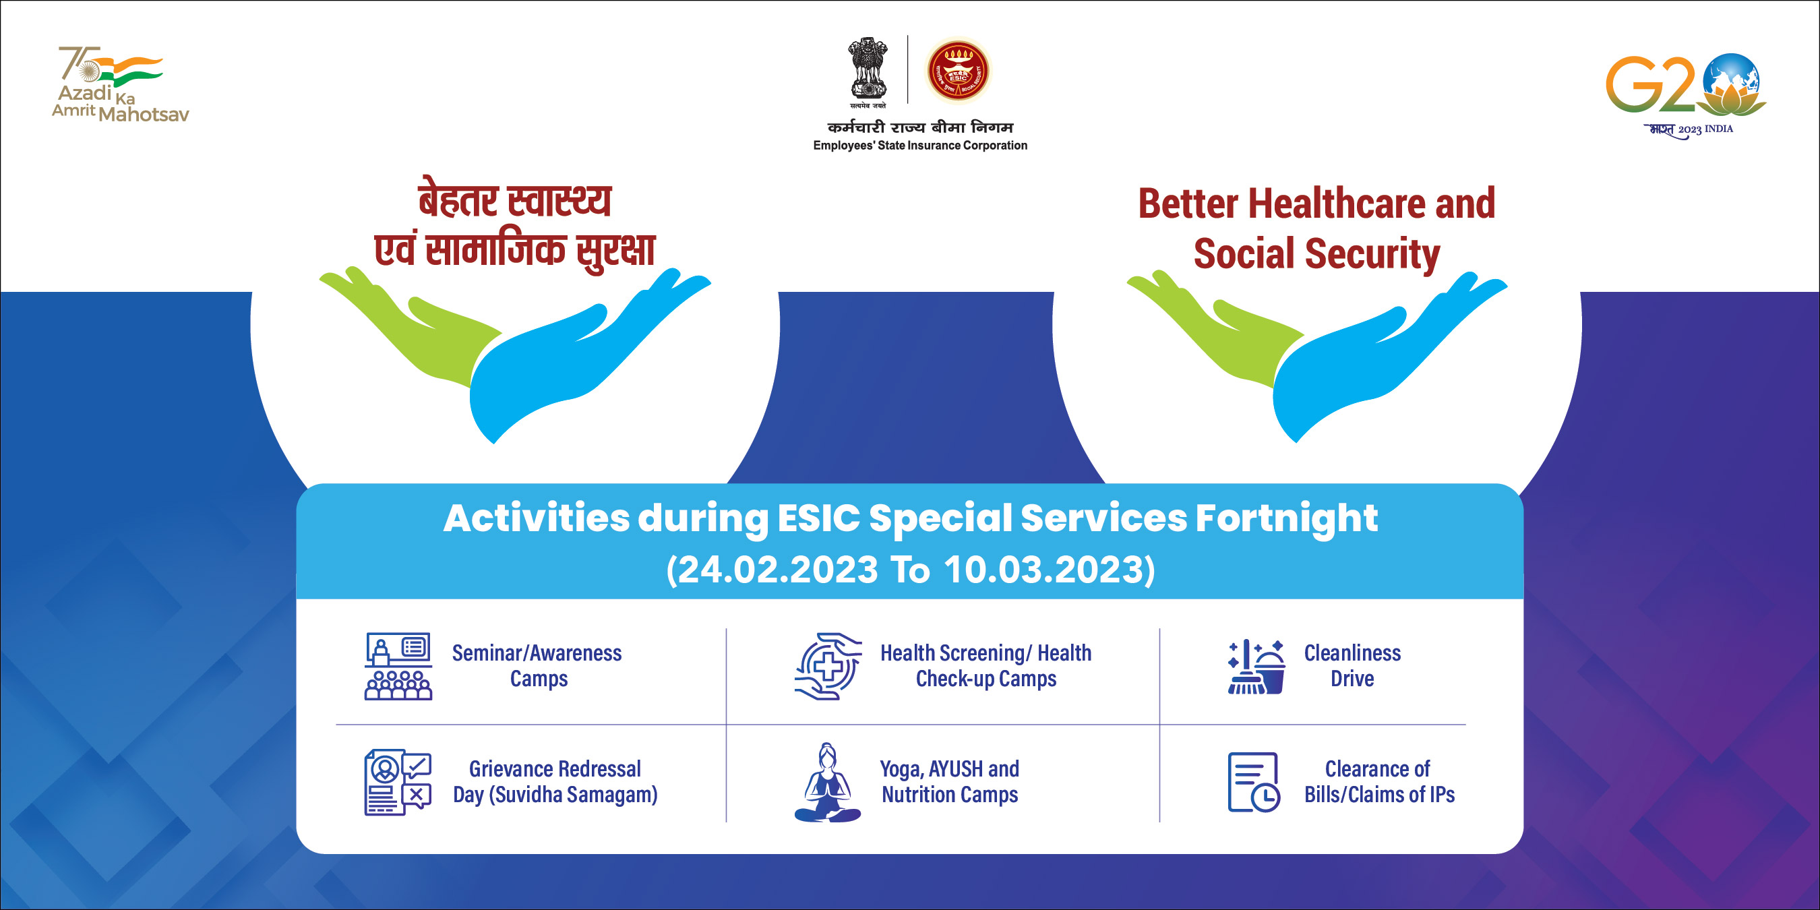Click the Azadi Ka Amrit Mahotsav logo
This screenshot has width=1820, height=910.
[x=120, y=85]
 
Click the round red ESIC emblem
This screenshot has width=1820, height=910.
[x=958, y=71]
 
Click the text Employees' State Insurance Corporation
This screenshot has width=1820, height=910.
[x=920, y=146]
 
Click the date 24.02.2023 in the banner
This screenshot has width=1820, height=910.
[x=777, y=570]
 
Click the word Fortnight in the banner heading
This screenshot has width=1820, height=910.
[x=1286, y=518]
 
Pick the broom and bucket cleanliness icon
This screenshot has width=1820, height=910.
[x=1256, y=667]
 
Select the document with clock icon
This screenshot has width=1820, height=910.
[x=1253, y=782]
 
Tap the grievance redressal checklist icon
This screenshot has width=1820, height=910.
[x=398, y=782]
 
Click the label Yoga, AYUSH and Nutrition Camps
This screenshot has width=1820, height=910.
[x=949, y=781]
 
